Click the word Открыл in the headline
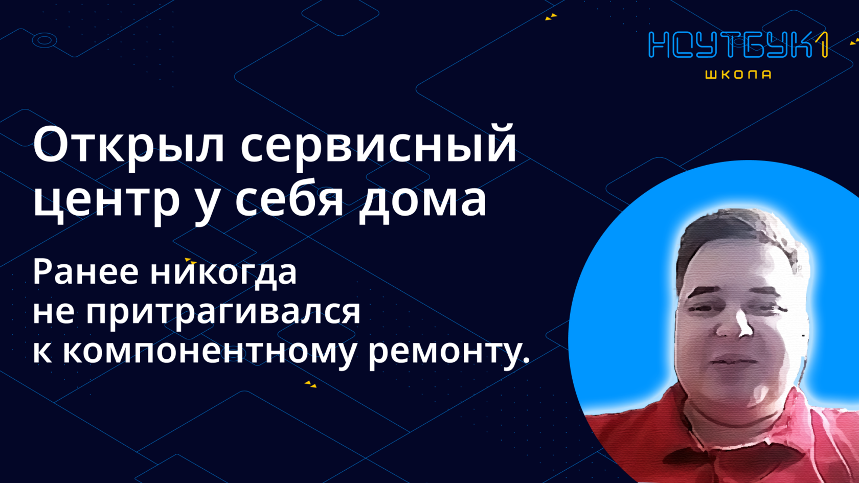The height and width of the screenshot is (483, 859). click(128, 145)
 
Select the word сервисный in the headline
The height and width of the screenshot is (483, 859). click(378, 145)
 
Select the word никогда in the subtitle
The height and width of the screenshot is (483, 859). click(223, 271)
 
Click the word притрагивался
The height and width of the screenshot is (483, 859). click(222, 311)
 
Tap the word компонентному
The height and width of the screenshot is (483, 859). click(209, 351)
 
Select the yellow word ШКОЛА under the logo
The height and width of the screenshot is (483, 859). click(738, 75)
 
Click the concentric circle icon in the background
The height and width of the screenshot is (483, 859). click(44, 40)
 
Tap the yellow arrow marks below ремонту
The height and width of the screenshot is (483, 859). click(311, 384)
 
